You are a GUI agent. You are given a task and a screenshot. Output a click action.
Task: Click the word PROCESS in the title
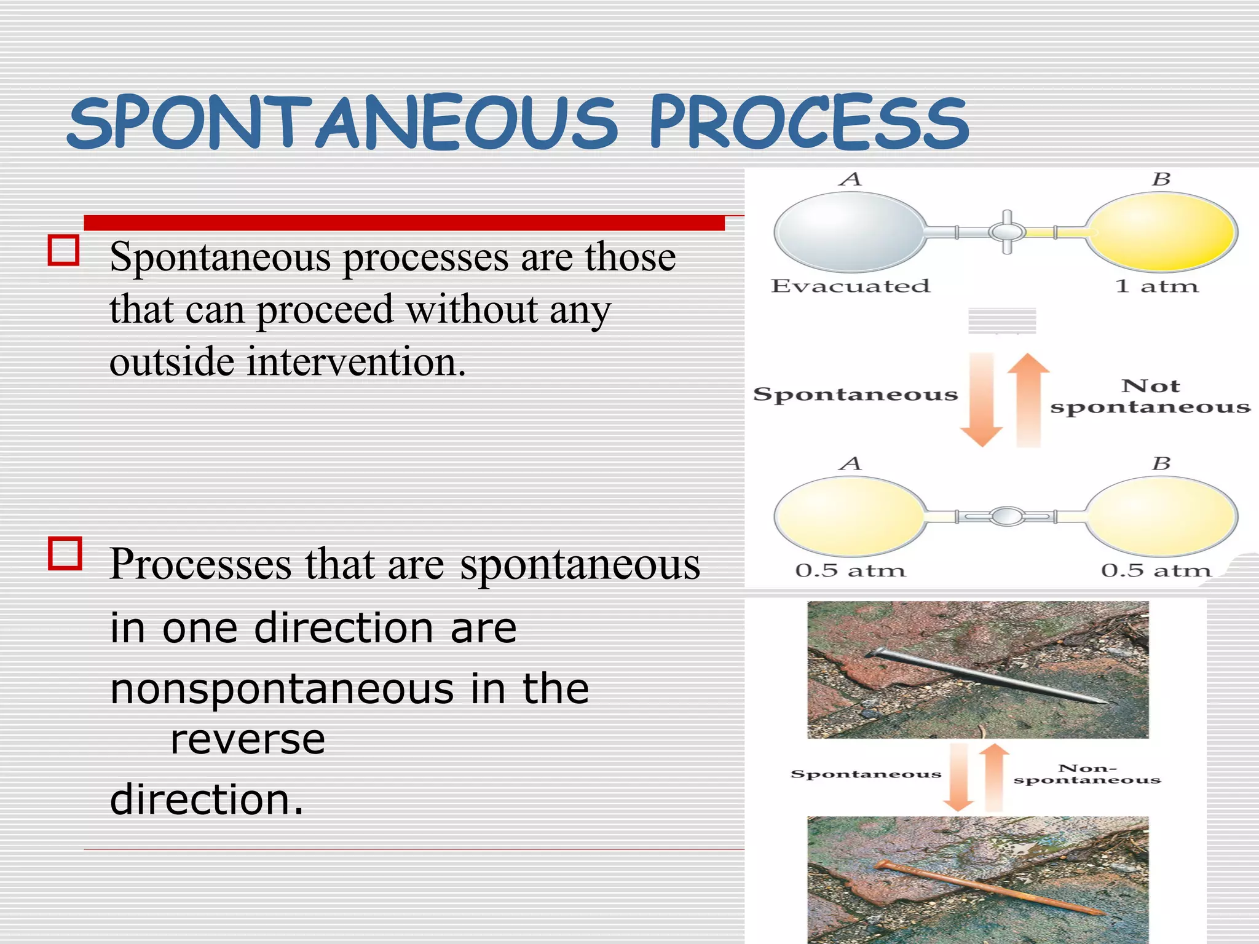[x=808, y=123]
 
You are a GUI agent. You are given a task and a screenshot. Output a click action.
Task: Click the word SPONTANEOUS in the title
[x=341, y=123]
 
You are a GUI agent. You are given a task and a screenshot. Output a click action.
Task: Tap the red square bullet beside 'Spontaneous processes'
[x=63, y=251]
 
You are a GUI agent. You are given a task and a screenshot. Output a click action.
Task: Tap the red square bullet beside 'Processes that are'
[x=65, y=553]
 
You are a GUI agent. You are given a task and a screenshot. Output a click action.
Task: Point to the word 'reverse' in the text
[x=248, y=739]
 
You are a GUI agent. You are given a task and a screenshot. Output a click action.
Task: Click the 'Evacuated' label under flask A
[x=850, y=286]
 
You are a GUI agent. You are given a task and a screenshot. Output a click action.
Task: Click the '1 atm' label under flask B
[x=1156, y=286]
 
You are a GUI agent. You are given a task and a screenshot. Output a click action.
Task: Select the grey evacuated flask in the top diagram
[x=848, y=232]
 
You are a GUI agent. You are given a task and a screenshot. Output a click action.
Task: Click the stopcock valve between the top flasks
[x=1007, y=232]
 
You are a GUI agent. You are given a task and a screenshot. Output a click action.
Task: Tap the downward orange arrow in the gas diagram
[x=981, y=399]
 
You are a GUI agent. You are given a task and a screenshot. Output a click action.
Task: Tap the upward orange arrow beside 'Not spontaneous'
[x=1028, y=399]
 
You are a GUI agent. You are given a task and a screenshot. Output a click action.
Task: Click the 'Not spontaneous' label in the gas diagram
[x=1150, y=396]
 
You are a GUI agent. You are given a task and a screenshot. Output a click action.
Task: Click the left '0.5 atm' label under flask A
[x=850, y=570]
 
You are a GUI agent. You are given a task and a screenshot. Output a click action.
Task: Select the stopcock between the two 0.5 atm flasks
[x=1007, y=516]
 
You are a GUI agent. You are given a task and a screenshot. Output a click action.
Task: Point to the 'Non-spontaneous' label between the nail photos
[x=1087, y=774]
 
